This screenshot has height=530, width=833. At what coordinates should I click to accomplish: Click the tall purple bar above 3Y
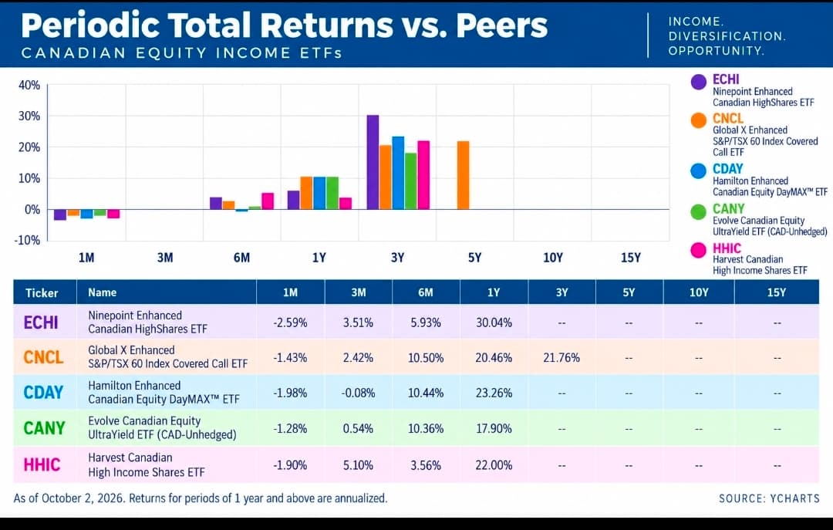[373, 162]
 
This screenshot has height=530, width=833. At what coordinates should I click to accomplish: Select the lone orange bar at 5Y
[464, 175]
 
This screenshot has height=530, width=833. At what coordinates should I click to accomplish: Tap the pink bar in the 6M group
[268, 201]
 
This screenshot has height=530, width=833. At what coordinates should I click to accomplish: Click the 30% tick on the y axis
[29, 116]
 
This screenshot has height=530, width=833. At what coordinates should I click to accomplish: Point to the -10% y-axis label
[27, 240]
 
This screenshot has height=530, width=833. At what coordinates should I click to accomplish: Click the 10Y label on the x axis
[552, 258]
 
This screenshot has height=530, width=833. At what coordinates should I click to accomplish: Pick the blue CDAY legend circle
[699, 170]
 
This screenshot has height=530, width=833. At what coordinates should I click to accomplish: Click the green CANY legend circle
[699, 211]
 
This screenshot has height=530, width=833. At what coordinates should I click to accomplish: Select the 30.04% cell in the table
[494, 322]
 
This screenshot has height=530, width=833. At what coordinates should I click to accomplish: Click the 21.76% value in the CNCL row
[562, 358]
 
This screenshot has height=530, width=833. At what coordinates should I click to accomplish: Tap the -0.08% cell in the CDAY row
[358, 393]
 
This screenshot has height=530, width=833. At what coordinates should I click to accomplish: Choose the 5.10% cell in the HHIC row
[358, 466]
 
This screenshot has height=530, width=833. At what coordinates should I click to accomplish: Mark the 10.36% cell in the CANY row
[426, 428]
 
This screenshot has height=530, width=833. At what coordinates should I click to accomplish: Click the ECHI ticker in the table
[41, 322]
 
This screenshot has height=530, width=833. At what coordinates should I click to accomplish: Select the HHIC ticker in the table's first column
[42, 465]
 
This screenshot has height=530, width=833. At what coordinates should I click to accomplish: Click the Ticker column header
[42, 293]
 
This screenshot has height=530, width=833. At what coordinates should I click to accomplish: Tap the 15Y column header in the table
[777, 292]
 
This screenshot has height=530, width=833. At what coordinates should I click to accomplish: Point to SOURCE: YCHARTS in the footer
[769, 498]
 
